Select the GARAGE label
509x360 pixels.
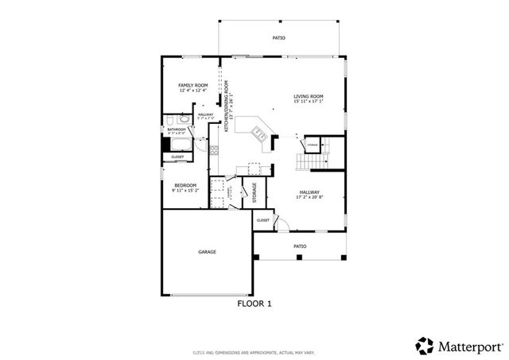pyautogui.click(x=207, y=252)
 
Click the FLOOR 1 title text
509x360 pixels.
pyautogui.click(x=254, y=304)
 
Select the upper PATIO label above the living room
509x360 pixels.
pyautogui.click(x=278, y=38)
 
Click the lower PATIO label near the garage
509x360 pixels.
pyautogui.click(x=300, y=246)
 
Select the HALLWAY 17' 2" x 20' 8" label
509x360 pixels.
pyautogui.click(x=309, y=194)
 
